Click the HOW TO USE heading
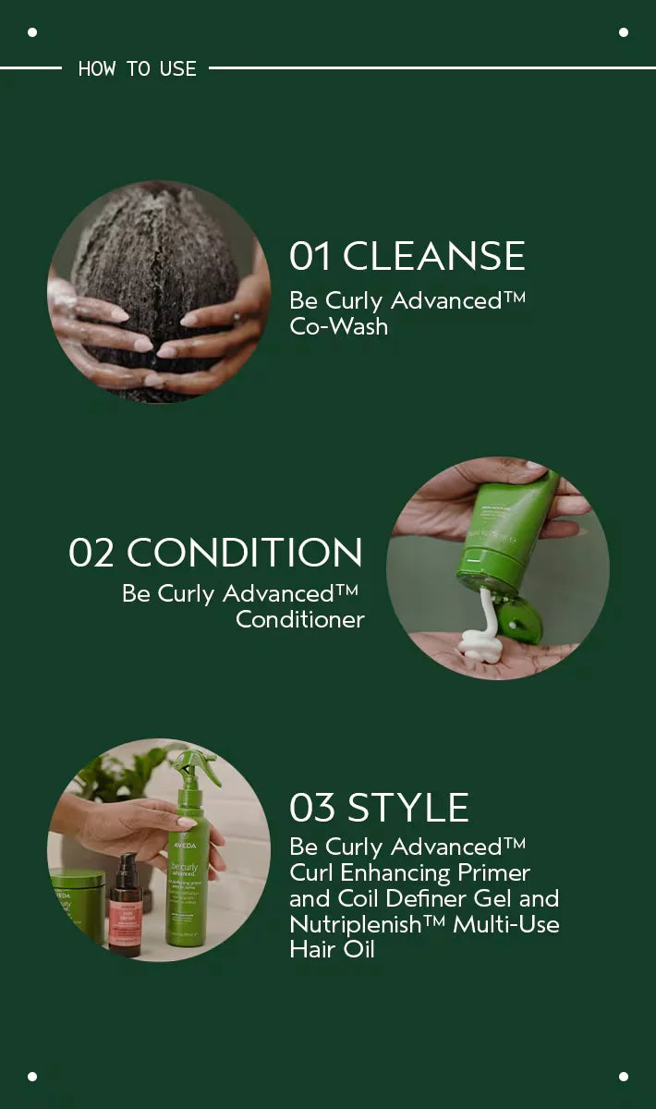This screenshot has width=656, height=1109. tap(137, 68)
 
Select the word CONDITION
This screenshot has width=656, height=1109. tap(245, 552)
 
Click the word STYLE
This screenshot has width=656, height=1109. tap(408, 808)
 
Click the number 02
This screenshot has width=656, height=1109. tap(91, 553)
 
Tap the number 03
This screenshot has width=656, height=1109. tap(312, 808)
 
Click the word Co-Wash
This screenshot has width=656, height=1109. tap(339, 327)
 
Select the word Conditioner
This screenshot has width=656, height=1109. tap(300, 619)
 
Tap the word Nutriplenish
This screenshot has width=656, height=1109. tap(355, 924)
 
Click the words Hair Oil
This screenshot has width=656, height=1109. tap(332, 949)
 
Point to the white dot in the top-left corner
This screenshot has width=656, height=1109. tap(32, 32)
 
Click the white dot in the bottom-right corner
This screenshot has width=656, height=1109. tap(624, 1077)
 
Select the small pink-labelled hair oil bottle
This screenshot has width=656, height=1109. tap(126, 906)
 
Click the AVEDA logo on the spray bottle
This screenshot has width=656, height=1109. tap(184, 845)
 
